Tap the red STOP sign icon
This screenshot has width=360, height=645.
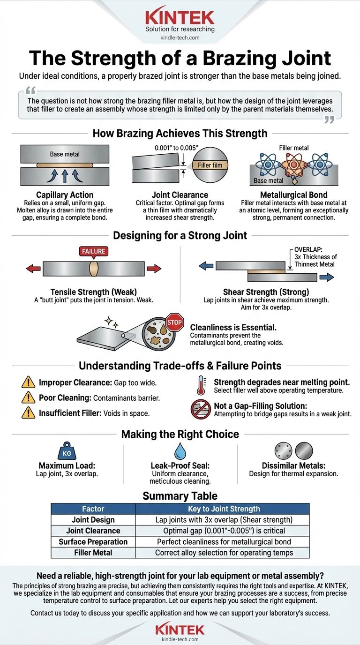[x=174, y=322]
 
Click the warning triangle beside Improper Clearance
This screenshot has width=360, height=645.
[x=29, y=382]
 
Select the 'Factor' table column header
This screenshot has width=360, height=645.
[x=93, y=509]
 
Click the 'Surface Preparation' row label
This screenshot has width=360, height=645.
[x=93, y=541]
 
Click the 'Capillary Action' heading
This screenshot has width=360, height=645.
[x=65, y=195]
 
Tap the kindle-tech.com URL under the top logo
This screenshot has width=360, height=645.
[x=180, y=38]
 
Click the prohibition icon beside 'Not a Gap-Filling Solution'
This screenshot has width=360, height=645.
[x=201, y=409]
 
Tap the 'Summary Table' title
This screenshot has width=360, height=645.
[x=180, y=496]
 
